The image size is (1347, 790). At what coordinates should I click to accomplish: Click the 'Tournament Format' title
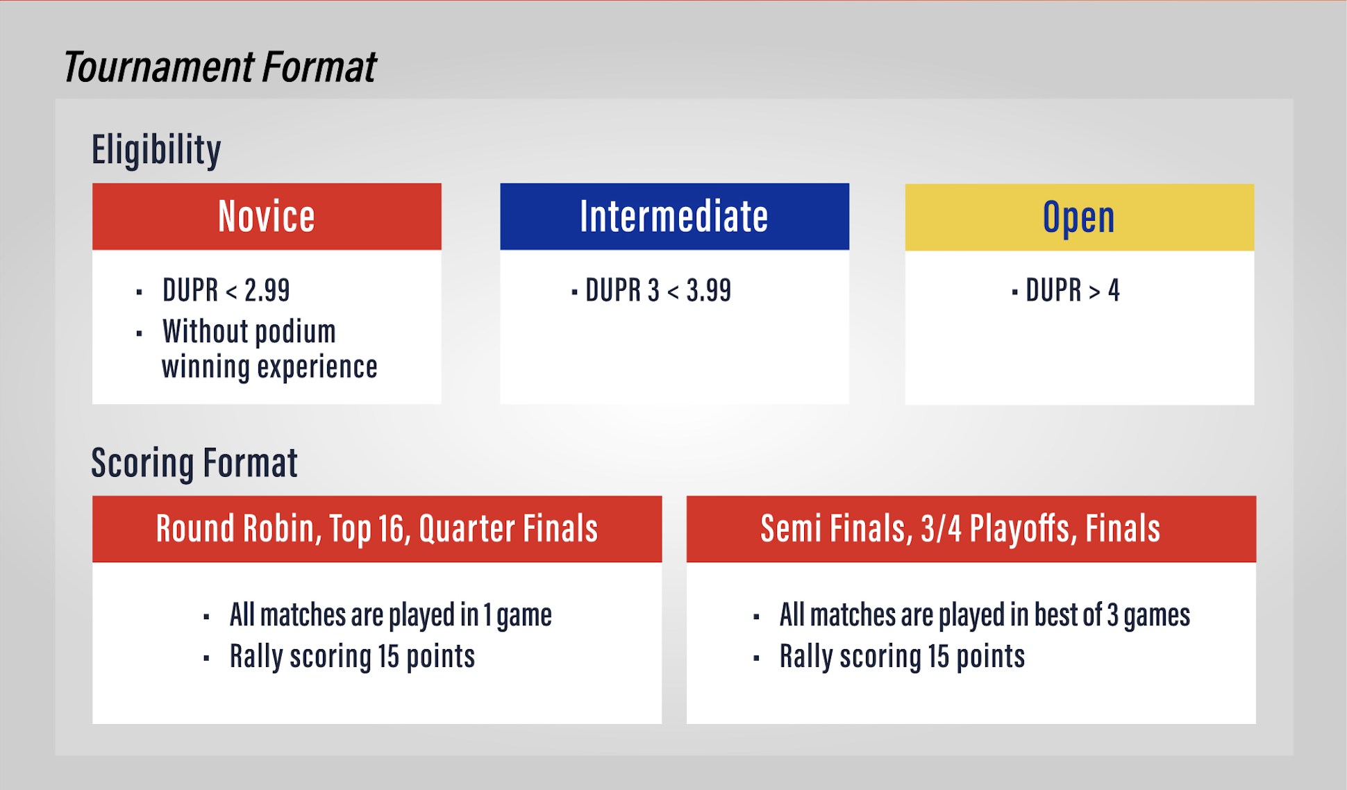(219, 67)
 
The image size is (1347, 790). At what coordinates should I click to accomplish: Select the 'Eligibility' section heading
(156, 150)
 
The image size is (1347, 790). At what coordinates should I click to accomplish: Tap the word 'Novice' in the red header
(267, 216)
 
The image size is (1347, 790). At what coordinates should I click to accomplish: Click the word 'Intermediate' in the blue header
(674, 216)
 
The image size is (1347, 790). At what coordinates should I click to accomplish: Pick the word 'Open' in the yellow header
(1079, 218)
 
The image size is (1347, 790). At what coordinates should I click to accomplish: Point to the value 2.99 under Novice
(267, 290)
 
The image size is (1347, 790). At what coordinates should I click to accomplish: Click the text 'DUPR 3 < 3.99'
(658, 290)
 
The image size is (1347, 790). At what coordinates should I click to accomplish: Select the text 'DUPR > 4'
(1073, 290)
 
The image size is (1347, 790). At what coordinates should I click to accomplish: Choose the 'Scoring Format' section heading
(194, 463)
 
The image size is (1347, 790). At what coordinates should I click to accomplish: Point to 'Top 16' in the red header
(370, 529)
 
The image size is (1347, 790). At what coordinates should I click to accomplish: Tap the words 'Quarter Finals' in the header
(508, 529)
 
